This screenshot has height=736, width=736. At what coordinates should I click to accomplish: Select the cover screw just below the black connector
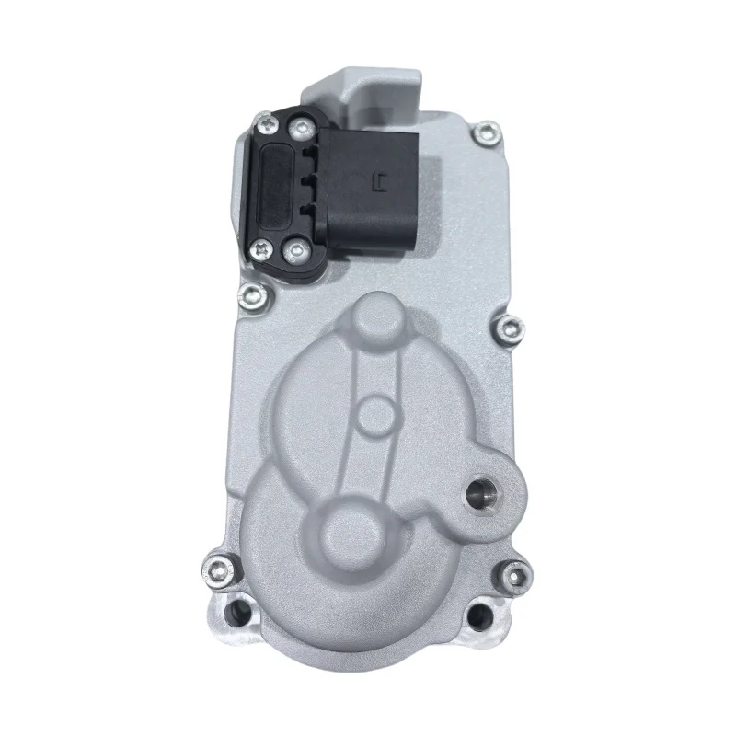point(246,294)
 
